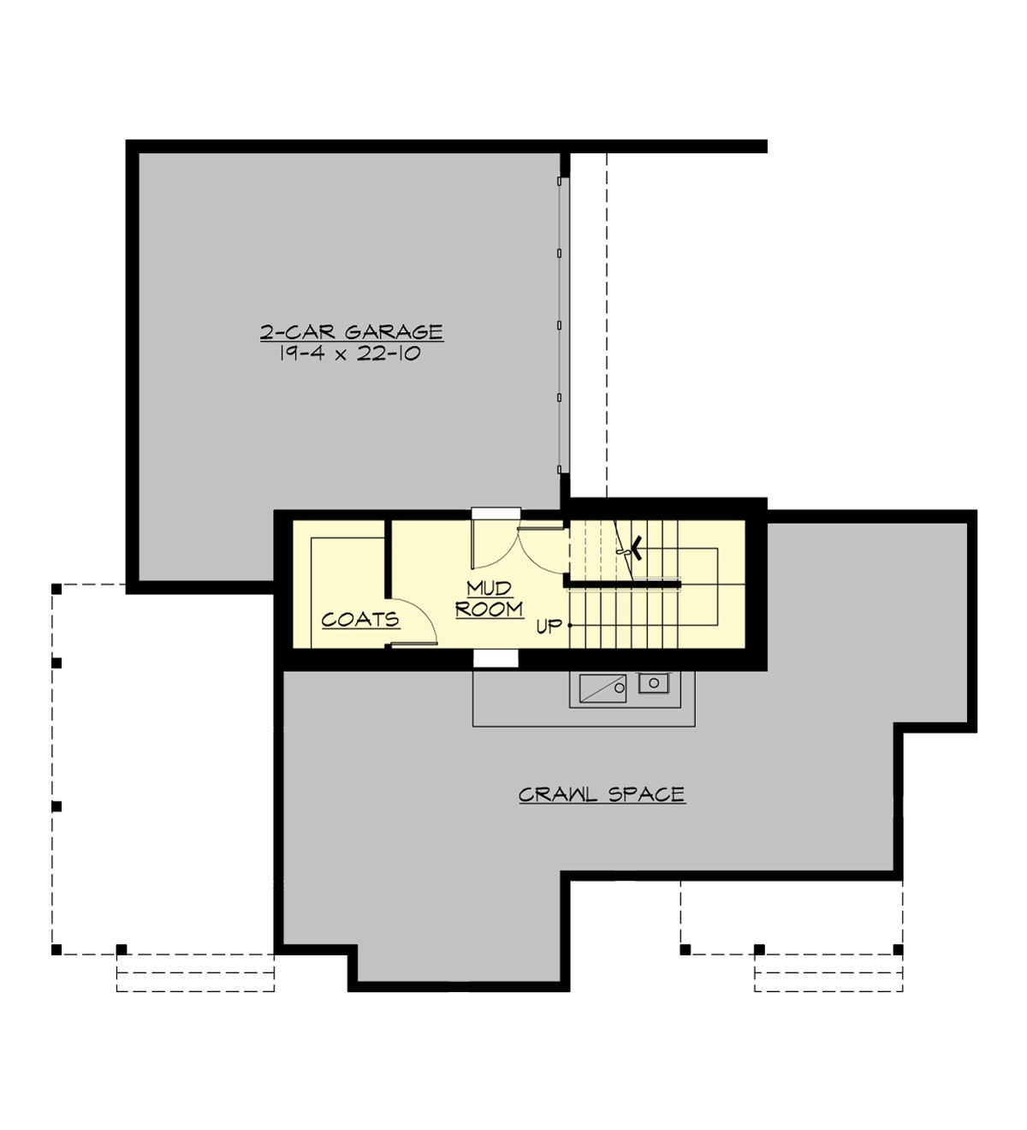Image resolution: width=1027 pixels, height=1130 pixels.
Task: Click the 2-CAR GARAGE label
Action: [351, 332]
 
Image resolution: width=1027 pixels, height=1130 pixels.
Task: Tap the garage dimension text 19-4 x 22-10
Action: [349, 354]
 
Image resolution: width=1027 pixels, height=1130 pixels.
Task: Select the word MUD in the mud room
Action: [490, 588]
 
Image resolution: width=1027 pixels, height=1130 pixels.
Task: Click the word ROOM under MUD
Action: [490, 609]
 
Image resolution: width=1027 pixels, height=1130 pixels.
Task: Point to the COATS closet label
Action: [360, 619]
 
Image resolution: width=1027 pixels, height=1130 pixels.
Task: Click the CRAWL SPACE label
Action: [602, 794]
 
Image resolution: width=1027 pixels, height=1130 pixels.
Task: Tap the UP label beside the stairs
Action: [549, 627]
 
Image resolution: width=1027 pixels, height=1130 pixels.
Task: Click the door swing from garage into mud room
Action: [492, 548]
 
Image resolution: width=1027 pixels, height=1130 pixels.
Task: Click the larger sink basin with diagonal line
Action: [603, 688]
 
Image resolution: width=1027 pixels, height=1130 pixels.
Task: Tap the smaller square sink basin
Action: [654, 683]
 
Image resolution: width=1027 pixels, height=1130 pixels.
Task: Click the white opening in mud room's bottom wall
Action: [496, 658]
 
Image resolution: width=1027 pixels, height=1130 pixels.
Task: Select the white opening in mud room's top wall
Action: [496, 513]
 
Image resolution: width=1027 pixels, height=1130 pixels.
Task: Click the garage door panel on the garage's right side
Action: [561, 325]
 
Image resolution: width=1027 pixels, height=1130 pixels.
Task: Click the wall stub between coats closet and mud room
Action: [388, 556]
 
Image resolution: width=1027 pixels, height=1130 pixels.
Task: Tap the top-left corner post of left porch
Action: [56, 589]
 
